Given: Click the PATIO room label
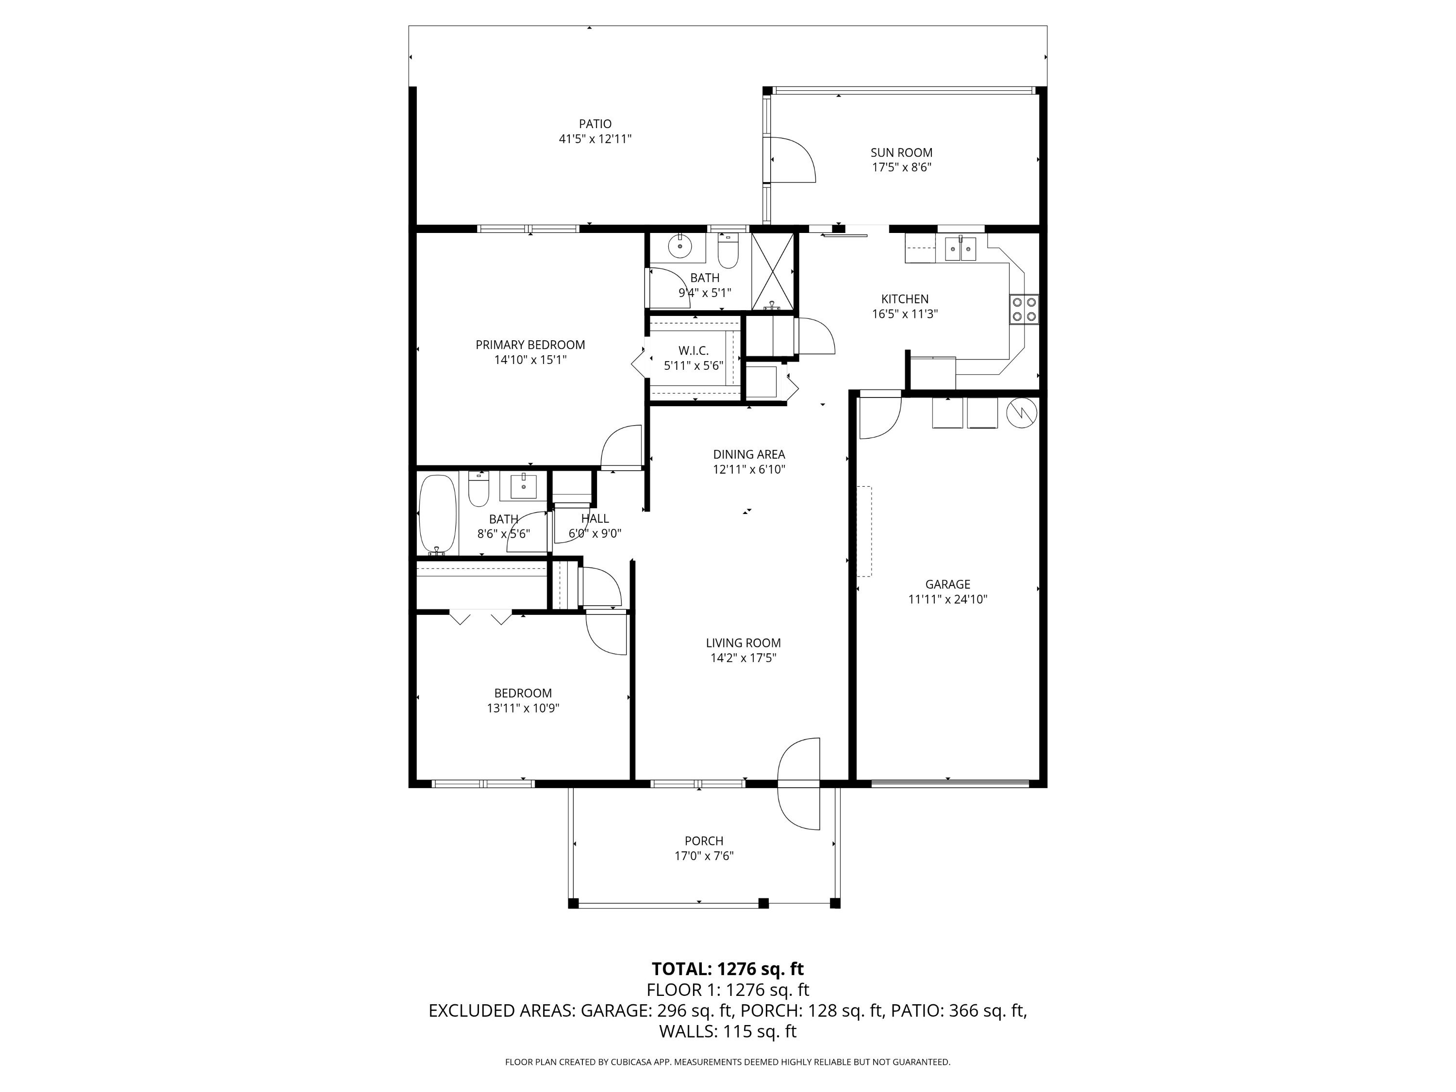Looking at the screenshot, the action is click(595, 124).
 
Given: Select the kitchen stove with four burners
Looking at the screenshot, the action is click(1024, 309).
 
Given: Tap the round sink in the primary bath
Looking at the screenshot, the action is click(679, 247).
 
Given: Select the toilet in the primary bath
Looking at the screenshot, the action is click(728, 248).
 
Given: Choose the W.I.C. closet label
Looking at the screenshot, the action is click(693, 351).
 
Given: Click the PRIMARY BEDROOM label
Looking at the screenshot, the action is click(530, 345).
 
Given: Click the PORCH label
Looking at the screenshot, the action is click(704, 841).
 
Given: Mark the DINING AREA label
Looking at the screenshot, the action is click(749, 454).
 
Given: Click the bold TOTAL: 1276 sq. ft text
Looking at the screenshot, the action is click(728, 969).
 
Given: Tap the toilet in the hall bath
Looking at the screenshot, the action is click(479, 488).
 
